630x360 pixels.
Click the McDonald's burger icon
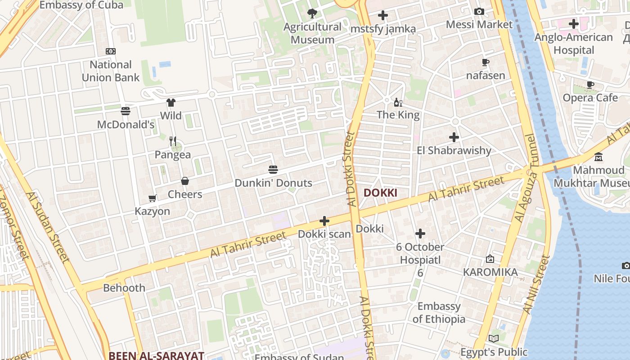[x=126, y=111]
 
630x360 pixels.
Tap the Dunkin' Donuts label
[x=273, y=183]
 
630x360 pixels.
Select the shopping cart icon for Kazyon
[x=153, y=198]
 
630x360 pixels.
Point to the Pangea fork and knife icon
[x=173, y=141]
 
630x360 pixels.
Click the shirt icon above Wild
[x=171, y=103]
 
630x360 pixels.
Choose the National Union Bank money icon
[x=111, y=51]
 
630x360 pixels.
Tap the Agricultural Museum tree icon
[x=312, y=14]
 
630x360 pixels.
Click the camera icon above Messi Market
[x=479, y=11]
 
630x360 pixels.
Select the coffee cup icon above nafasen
[x=485, y=63]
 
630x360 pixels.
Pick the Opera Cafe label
[x=590, y=98]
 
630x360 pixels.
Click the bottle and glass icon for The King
[x=398, y=103]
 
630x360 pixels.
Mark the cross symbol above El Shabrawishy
[x=454, y=137]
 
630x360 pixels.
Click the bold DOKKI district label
[x=380, y=193]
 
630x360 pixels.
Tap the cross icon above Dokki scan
[x=324, y=221]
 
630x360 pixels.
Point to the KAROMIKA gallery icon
[x=490, y=259]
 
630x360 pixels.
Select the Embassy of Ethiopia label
[x=439, y=313]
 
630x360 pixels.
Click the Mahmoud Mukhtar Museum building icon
[x=598, y=157]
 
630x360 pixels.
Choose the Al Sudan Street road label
[x=47, y=228]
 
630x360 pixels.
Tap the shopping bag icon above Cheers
[x=184, y=181]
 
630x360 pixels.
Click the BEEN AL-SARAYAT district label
[x=156, y=355]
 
